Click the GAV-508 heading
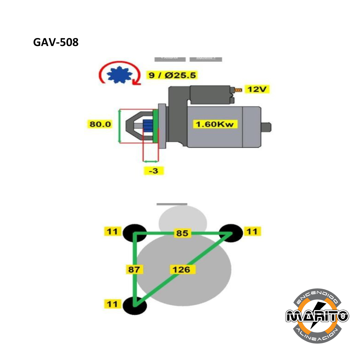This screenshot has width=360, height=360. [x=56, y=42]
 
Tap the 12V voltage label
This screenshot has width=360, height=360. [x=257, y=89]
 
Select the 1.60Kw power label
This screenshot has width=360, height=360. [x=217, y=124]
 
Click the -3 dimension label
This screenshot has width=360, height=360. [x=153, y=171]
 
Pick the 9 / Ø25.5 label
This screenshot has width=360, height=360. [x=172, y=75]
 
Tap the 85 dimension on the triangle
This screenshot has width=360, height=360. [x=182, y=233]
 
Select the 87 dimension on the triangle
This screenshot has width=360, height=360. [x=134, y=269]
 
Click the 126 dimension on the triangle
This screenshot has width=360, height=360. [x=182, y=269]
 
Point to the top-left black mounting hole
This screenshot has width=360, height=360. [x=135, y=233]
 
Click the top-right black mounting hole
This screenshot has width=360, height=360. [x=231, y=232]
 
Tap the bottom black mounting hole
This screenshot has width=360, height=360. [x=135, y=305]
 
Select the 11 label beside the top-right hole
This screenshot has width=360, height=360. [x=252, y=231]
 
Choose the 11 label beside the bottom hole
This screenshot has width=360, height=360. [x=112, y=304]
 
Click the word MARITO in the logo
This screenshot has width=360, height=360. [x=317, y=316]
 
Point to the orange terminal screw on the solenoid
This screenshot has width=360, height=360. [x=238, y=90]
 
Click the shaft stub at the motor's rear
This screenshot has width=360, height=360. [x=266, y=127]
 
